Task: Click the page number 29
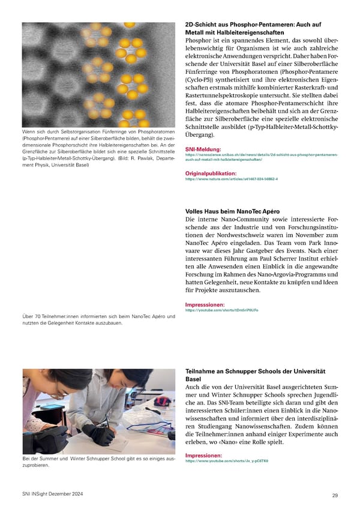tap(334, 495)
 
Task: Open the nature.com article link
tap(231, 179)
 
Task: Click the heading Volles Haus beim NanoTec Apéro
tap(232, 211)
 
